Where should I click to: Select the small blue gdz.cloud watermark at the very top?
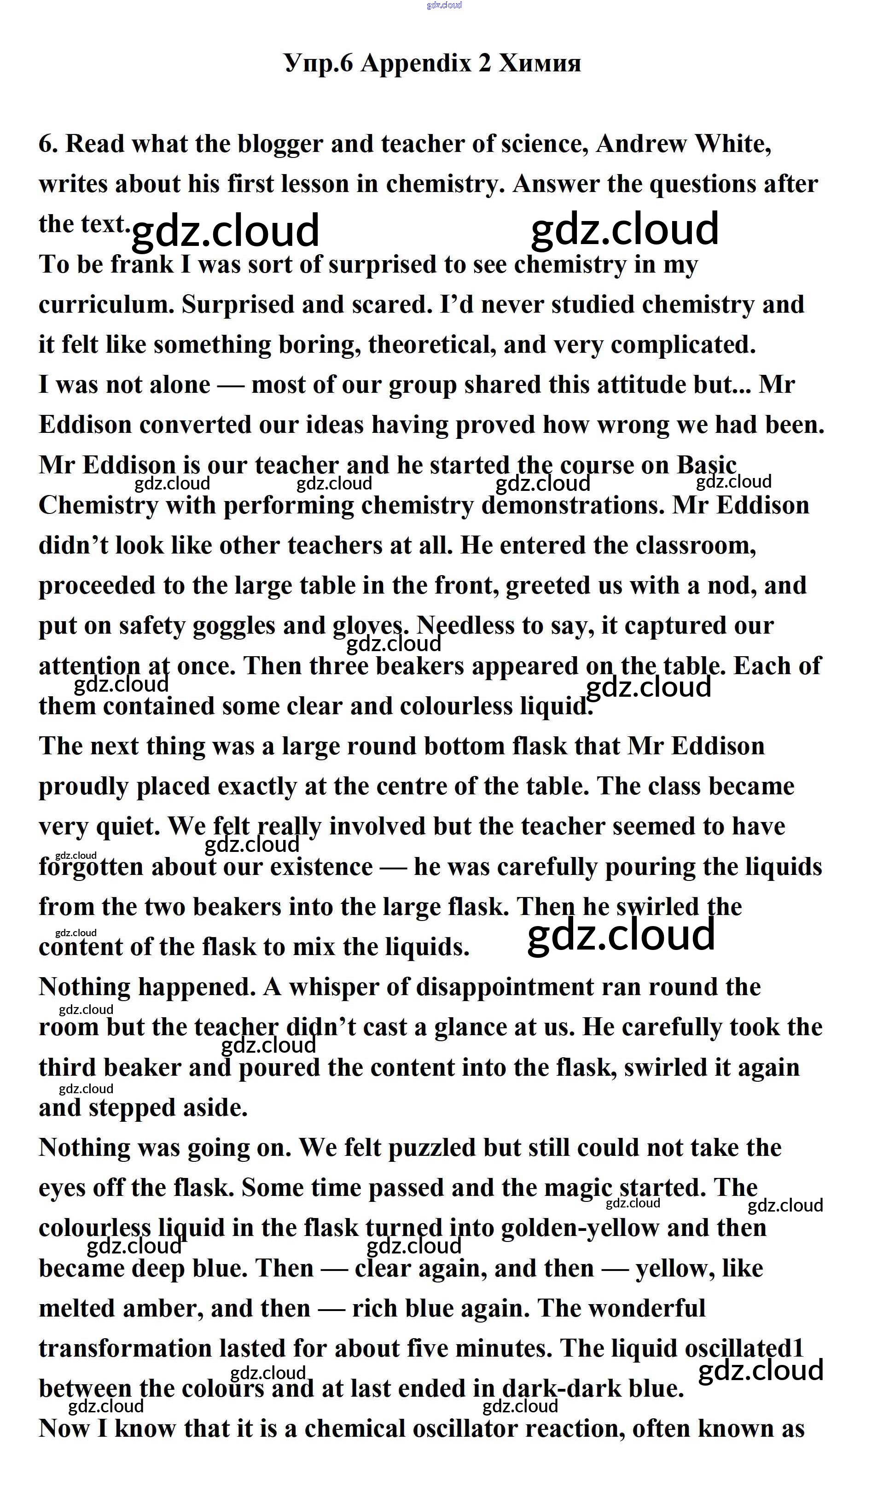pyautogui.click(x=444, y=6)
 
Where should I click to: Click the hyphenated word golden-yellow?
pyautogui.click(x=579, y=1228)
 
